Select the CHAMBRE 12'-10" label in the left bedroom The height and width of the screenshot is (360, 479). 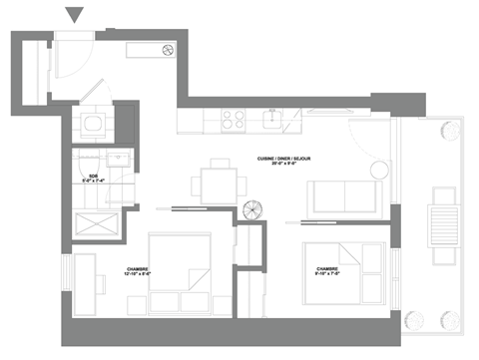[x=139, y=271]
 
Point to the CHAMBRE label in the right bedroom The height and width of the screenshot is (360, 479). [x=326, y=271]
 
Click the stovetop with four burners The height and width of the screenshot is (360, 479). [x=234, y=120]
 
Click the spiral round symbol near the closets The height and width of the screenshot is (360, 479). [x=251, y=211]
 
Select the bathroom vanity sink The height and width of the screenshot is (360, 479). [x=117, y=160]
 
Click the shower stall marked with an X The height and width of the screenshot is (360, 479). [x=97, y=222]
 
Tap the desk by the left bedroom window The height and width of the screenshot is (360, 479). [x=86, y=282]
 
